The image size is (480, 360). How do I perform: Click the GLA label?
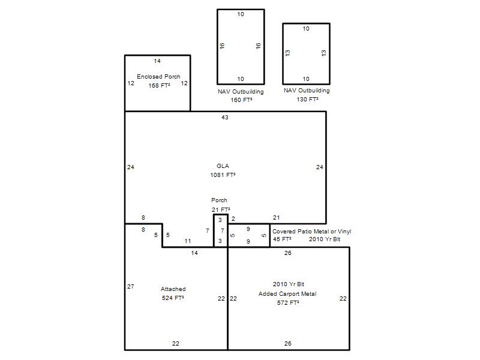pos(223,166)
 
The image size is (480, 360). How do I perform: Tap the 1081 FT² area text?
pos(223,175)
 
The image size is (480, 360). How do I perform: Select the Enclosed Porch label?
pos(158,77)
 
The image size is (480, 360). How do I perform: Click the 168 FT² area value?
pos(159,85)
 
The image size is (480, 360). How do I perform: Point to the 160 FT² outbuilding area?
pos(241,100)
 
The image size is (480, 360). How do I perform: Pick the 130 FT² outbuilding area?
pos(307,99)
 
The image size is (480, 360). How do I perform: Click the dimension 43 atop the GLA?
pos(224,117)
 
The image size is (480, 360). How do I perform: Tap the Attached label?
pos(173,289)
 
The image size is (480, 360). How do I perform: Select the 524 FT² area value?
pos(173,298)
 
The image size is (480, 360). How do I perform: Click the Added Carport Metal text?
pos(287,294)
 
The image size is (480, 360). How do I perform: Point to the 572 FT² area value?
pos(288,303)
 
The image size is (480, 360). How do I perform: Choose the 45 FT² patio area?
pos(282,239)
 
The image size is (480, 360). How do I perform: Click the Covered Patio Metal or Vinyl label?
pos(311,232)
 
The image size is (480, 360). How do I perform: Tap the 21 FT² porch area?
pos(220,209)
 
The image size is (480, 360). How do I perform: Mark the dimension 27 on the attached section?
pos(131,287)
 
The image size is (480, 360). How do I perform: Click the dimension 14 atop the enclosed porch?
pos(157,61)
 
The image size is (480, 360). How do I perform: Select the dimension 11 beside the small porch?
pos(188,241)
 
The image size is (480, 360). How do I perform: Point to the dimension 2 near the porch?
pos(233,218)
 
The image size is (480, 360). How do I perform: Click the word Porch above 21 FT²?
pos(219,200)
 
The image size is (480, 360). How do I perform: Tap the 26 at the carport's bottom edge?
pos(288,343)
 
